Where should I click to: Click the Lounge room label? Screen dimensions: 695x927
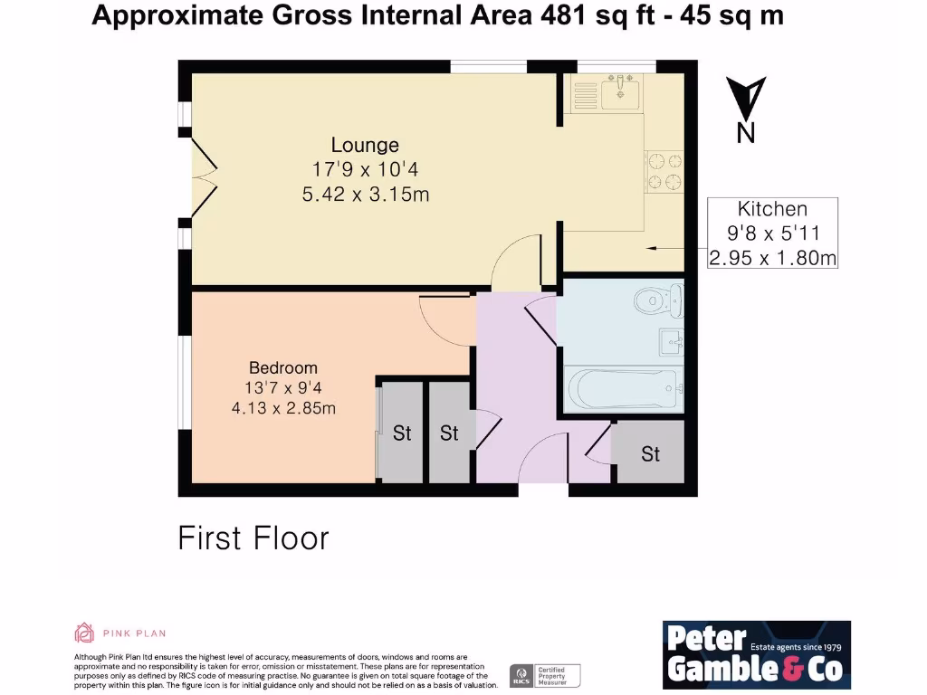click(365, 145)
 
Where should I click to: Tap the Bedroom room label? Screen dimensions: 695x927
click(283, 367)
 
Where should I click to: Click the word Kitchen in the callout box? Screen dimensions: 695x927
click(771, 209)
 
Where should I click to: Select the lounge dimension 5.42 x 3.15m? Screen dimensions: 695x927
click(365, 193)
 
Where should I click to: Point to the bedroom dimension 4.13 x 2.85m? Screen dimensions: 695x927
click(283, 408)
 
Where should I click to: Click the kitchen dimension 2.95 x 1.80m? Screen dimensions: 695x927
click(772, 258)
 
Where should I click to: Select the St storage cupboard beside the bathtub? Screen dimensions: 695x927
click(650, 453)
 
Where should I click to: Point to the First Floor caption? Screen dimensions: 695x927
click(253, 538)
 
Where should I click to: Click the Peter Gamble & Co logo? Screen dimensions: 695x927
click(756, 654)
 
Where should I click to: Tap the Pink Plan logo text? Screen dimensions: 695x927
click(133, 633)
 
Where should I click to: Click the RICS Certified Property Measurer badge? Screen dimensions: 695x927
click(545, 675)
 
